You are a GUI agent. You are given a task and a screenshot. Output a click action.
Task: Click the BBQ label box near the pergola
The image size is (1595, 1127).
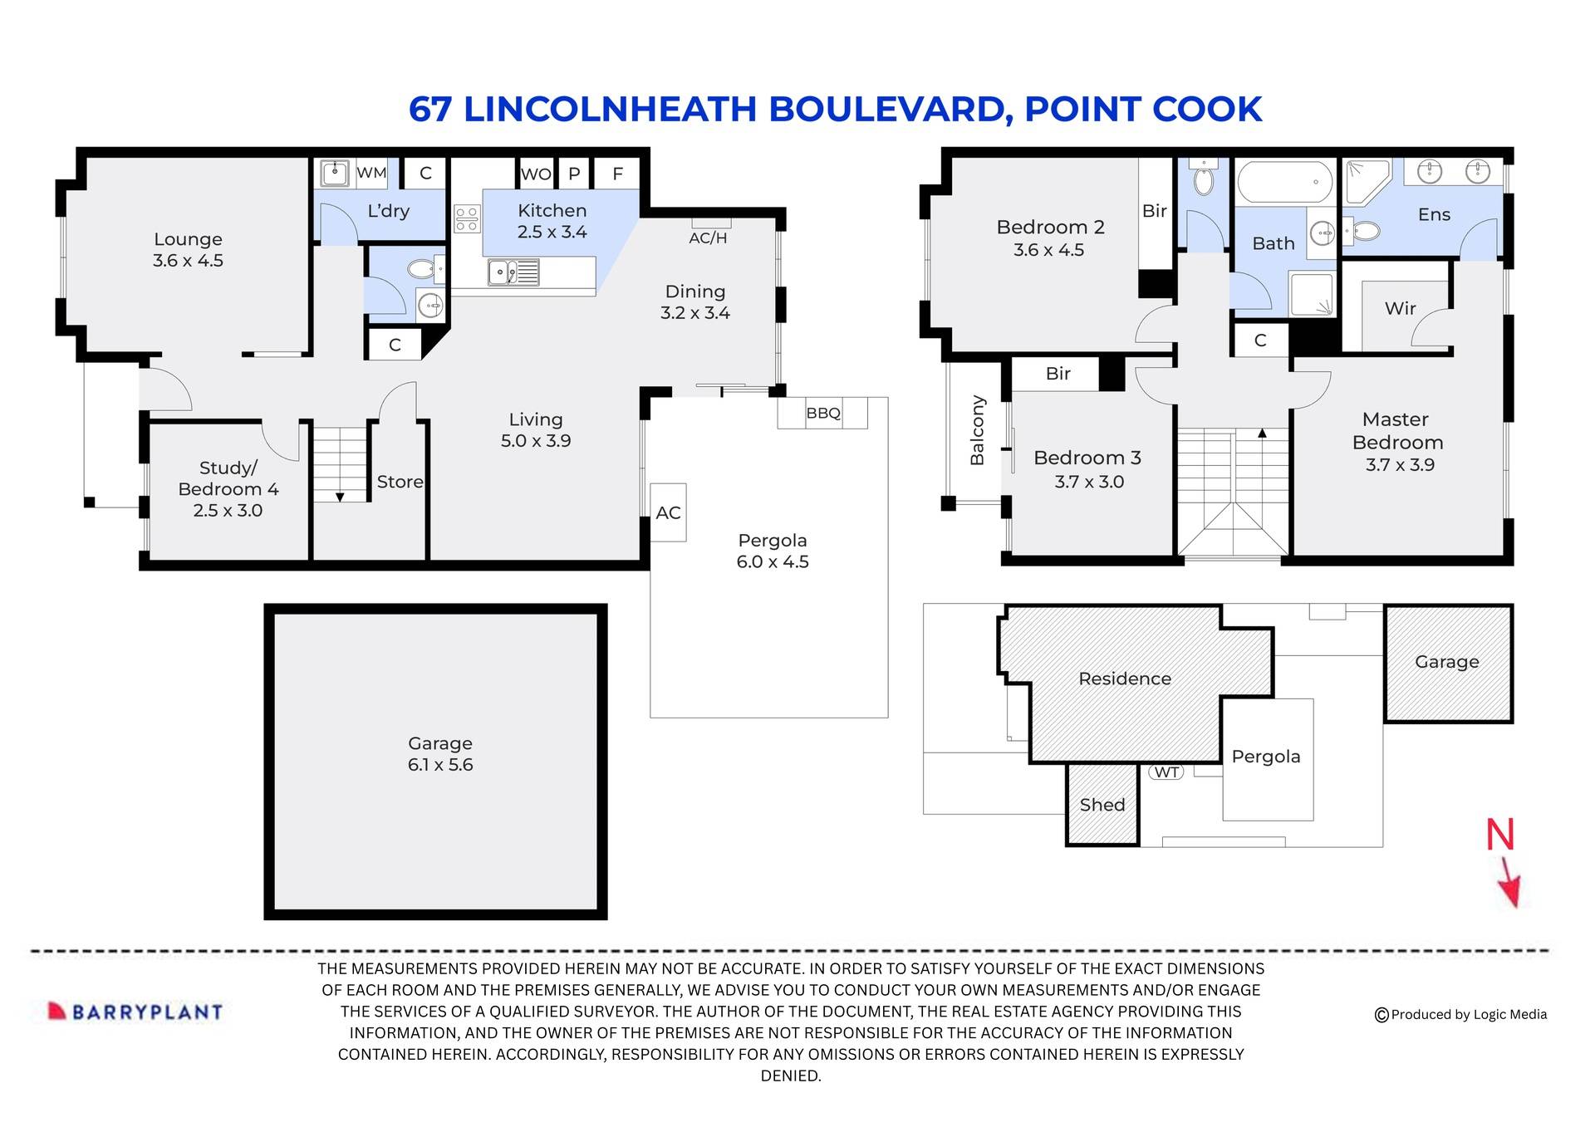(822, 413)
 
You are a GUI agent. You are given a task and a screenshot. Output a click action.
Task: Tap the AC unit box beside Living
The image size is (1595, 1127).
(668, 512)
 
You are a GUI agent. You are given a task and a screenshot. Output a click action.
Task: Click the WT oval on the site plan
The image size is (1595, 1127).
(1166, 772)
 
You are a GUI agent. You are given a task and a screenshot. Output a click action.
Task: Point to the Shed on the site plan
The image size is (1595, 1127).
(1102, 804)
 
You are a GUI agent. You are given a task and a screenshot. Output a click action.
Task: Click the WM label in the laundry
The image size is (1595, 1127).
(371, 173)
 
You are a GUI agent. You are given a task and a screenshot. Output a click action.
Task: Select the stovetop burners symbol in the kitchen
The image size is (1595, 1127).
(467, 219)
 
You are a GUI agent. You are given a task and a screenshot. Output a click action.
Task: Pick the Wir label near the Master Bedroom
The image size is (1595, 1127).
(1400, 308)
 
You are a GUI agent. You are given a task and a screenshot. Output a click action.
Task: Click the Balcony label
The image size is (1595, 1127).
(977, 430)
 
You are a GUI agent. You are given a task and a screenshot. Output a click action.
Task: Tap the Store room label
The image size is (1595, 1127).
(400, 482)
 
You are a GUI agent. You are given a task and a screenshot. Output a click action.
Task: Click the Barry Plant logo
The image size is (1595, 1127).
(135, 1011)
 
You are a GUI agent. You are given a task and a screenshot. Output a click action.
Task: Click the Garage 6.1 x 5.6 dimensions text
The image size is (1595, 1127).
(439, 765)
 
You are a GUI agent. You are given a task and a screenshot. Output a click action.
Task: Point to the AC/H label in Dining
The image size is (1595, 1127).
(708, 238)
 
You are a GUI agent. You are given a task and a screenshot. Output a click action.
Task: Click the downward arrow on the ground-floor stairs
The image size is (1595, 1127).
(340, 497)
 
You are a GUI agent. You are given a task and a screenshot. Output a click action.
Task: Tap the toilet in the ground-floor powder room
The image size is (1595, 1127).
(423, 269)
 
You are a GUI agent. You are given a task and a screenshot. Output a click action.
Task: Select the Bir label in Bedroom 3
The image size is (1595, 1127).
(1058, 374)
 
